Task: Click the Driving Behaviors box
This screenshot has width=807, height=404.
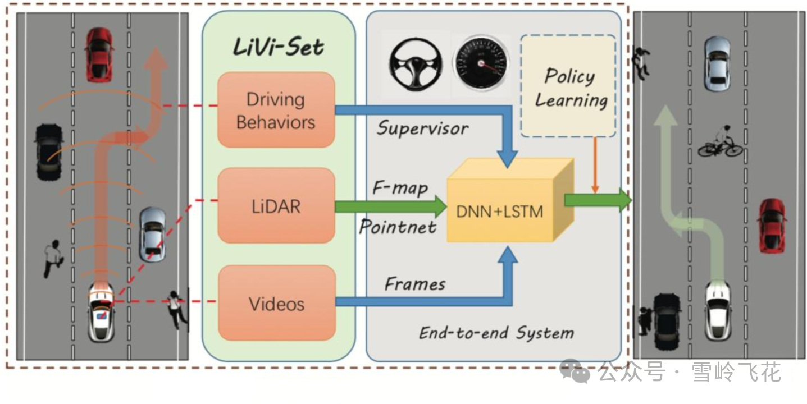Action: coord(276,110)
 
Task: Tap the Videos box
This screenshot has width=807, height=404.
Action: coord(276,303)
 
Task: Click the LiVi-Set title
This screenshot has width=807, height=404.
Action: coord(279,48)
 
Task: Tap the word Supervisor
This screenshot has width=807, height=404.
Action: coord(422,128)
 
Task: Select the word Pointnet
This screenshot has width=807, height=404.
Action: coord(398,227)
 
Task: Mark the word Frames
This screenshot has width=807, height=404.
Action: coord(415,284)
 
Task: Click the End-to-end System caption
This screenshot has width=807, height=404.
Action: coord(496,333)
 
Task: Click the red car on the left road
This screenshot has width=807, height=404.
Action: coord(99,54)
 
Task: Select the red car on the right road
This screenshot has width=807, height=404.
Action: coord(772,225)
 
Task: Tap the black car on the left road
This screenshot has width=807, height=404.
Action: coord(49,151)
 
